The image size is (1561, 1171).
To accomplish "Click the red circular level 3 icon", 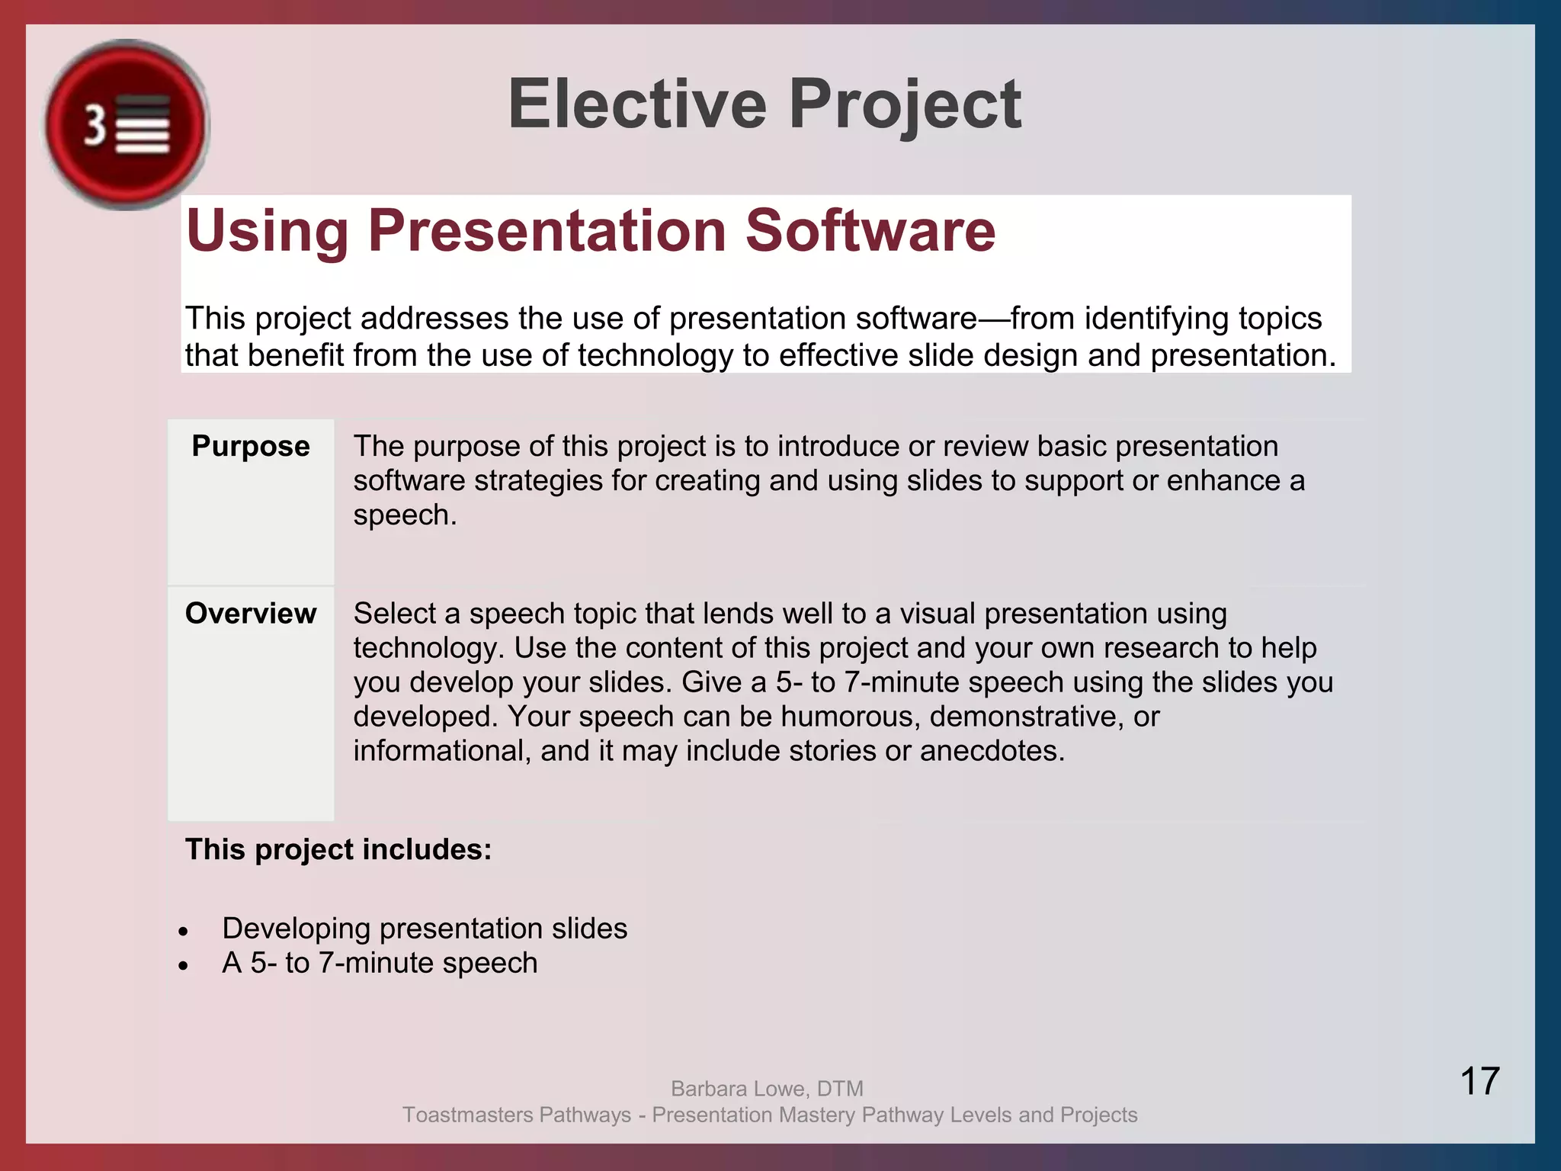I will pyautogui.click(x=127, y=125).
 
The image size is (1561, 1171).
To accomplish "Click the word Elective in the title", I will pyautogui.click(x=637, y=104).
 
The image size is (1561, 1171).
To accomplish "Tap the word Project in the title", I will pyautogui.click(x=905, y=104).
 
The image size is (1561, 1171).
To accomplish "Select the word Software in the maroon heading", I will pyautogui.click(x=870, y=230).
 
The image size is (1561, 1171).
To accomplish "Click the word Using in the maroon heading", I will pyautogui.click(x=268, y=230).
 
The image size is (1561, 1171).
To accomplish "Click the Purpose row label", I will pyautogui.click(x=251, y=446).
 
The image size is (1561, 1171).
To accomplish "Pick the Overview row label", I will pyautogui.click(x=251, y=614).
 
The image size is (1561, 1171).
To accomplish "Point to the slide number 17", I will pyautogui.click(x=1479, y=1081).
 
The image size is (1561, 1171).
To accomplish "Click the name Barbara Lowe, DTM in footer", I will pyautogui.click(x=767, y=1089).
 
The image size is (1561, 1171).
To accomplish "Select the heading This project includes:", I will pyautogui.click(x=338, y=849).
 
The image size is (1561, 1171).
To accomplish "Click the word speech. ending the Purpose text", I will pyautogui.click(x=405, y=515).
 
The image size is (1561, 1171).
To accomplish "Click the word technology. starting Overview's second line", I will pyautogui.click(x=428, y=648).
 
